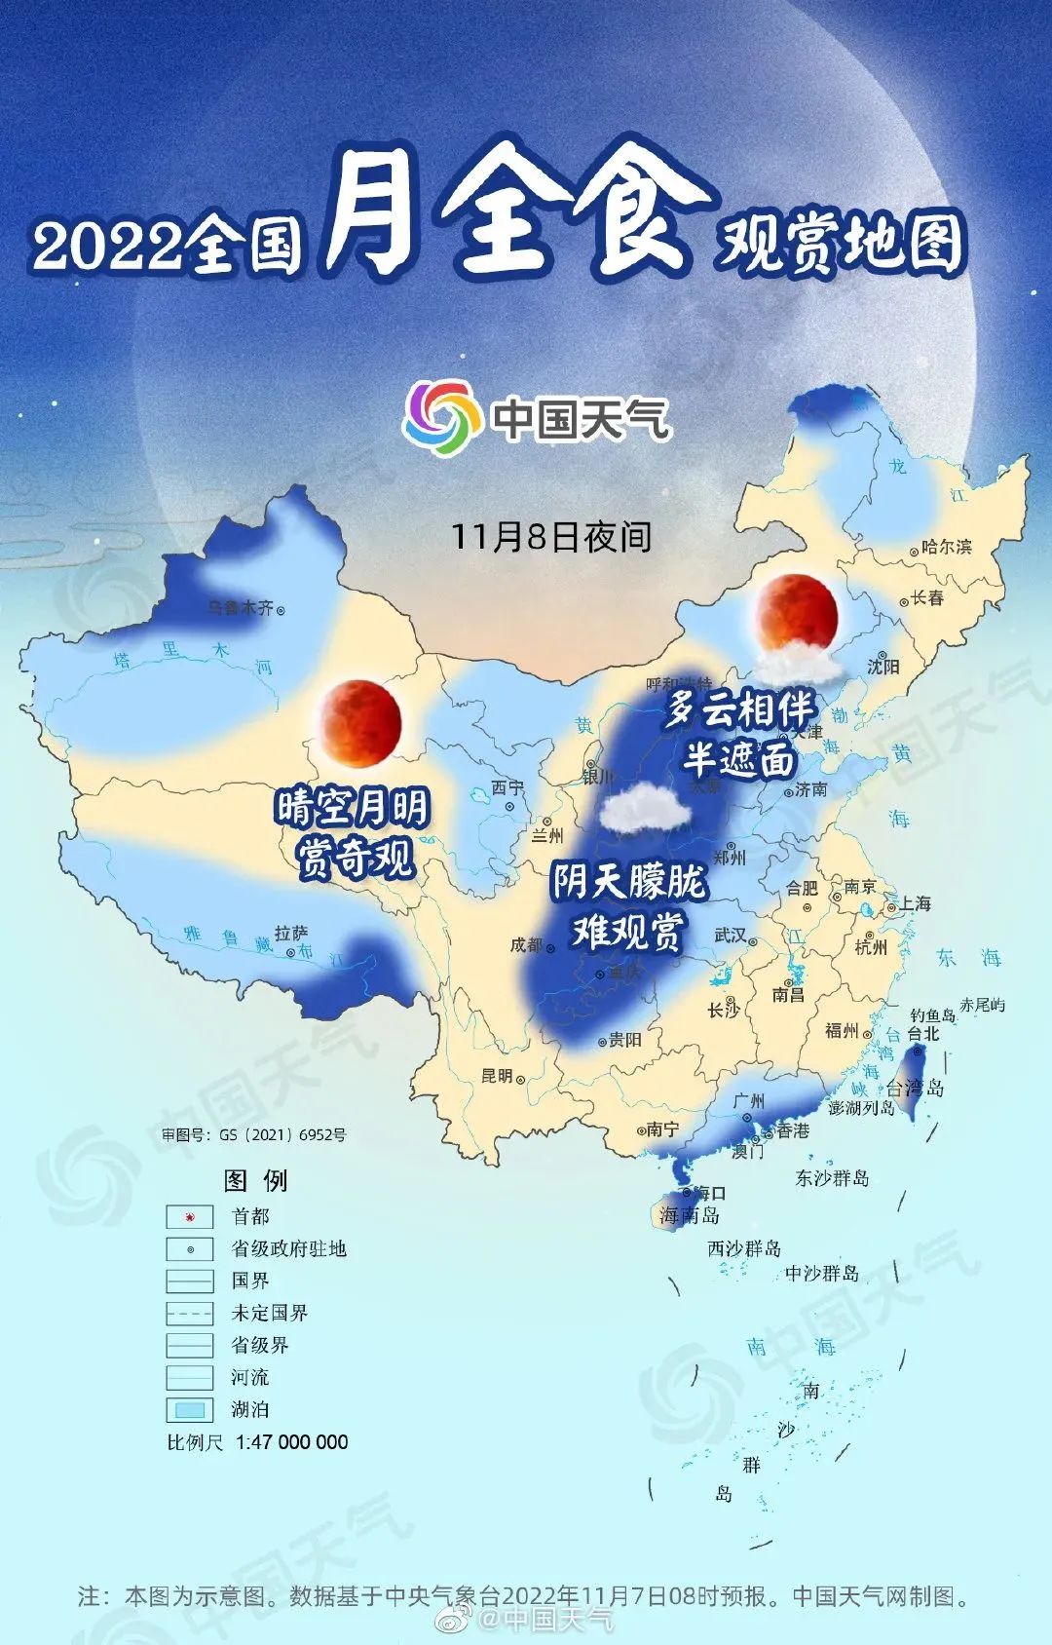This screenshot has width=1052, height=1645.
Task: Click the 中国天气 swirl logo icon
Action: click(x=442, y=418)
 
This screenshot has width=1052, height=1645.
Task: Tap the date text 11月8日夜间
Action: click(x=550, y=537)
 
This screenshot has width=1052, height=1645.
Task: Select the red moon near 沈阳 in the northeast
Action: click(x=798, y=613)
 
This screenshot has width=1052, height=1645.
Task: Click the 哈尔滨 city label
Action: click(x=946, y=548)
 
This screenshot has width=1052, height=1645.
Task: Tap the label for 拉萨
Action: click(x=290, y=934)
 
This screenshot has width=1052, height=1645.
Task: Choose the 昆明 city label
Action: click(x=497, y=1076)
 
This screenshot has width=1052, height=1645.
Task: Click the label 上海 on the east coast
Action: click(x=915, y=904)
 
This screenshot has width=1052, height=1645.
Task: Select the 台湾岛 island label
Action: click(x=915, y=1088)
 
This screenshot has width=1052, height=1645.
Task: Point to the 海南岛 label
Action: click(x=689, y=1215)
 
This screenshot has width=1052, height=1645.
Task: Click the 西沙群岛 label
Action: click(x=744, y=1248)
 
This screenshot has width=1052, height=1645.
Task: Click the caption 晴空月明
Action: click(x=353, y=809)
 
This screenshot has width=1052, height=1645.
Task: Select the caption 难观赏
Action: click(x=627, y=933)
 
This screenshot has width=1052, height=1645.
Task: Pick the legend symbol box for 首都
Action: click(x=189, y=1217)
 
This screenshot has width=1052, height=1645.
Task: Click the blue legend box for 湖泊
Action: click(x=189, y=1409)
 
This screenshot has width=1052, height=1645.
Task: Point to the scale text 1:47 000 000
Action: click(x=291, y=1442)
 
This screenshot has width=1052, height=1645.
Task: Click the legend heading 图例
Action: click(x=256, y=1181)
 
